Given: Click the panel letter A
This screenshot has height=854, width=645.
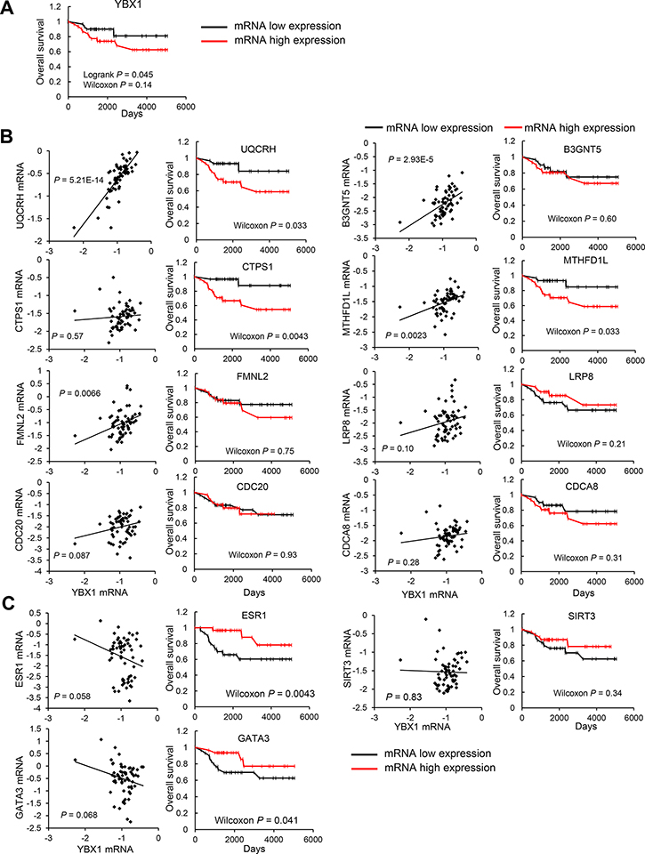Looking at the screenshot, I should tap(8, 9).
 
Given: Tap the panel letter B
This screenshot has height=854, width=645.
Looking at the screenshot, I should tap(8, 140).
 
